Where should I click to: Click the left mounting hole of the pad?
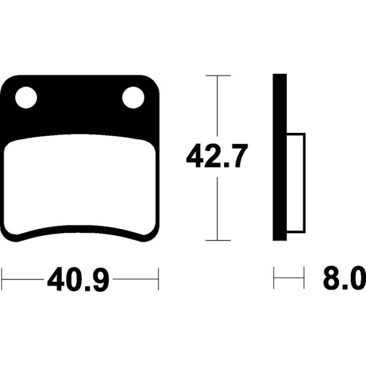[x=26, y=98]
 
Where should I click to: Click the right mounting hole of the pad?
[x=133, y=98]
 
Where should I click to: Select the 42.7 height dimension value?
[x=216, y=156]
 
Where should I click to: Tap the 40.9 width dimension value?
[x=78, y=279]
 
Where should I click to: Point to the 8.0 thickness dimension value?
[x=345, y=278]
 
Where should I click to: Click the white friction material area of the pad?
[x=79, y=185]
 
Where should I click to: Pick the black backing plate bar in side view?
[x=280, y=157]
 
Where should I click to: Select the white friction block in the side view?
[x=296, y=183]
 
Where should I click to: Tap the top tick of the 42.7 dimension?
[x=218, y=76]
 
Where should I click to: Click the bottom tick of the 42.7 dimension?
[x=218, y=240]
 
